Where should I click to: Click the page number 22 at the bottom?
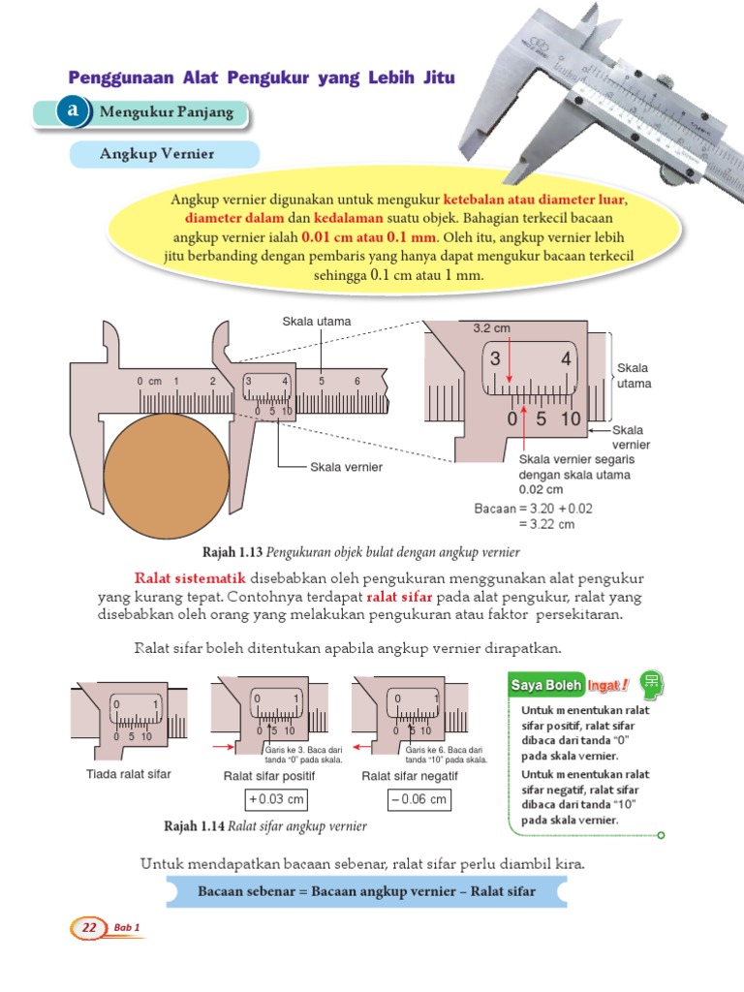[x=89, y=928]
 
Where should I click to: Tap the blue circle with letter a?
[x=73, y=112]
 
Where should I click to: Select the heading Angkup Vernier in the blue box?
[x=157, y=155]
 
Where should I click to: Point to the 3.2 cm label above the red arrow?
[x=491, y=328]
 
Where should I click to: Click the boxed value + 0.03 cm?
[x=276, y=799]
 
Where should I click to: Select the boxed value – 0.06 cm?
[x=418, y=799]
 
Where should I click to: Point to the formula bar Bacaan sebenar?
[x=366, y=890]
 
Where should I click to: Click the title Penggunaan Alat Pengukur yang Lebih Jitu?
[x=262, y=77]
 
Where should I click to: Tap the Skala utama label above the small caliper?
[x=317, y=321]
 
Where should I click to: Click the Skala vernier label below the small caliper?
[x=346, y=467]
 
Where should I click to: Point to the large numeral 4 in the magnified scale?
[x=566, y=359]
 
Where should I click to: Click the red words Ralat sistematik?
[x=184, y=578]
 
